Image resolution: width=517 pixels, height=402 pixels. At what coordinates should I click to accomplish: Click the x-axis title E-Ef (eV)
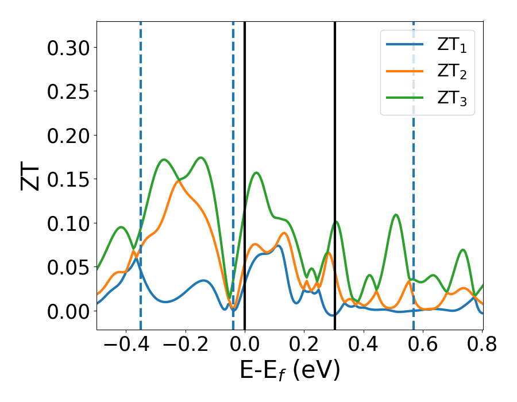[x=290, y=371]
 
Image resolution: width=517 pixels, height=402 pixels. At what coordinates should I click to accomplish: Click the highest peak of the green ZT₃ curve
[x=201, y=157]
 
